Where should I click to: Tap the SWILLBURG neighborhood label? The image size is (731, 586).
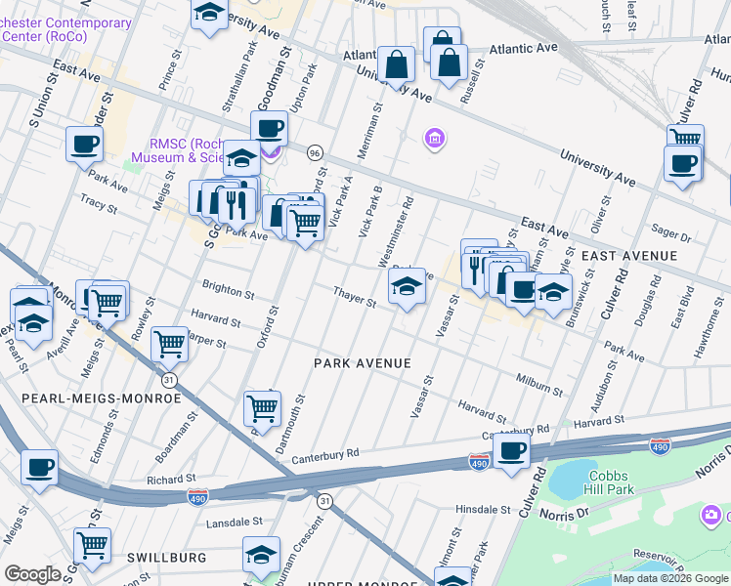coord(166,557)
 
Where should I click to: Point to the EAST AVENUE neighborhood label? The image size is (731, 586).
coord(628,256)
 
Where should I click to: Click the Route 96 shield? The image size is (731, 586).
coord(314,153)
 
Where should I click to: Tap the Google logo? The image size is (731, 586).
coord(33,574)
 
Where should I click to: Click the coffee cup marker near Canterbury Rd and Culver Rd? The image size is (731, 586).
coord(511,450)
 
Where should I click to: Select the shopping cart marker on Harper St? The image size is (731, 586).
coord(170,343)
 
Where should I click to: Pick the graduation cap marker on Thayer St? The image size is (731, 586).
coord(407,286)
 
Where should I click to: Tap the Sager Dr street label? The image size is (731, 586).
coord(671,236)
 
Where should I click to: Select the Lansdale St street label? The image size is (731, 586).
coord(235,523)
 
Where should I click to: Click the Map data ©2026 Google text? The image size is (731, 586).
coord(670,578)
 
